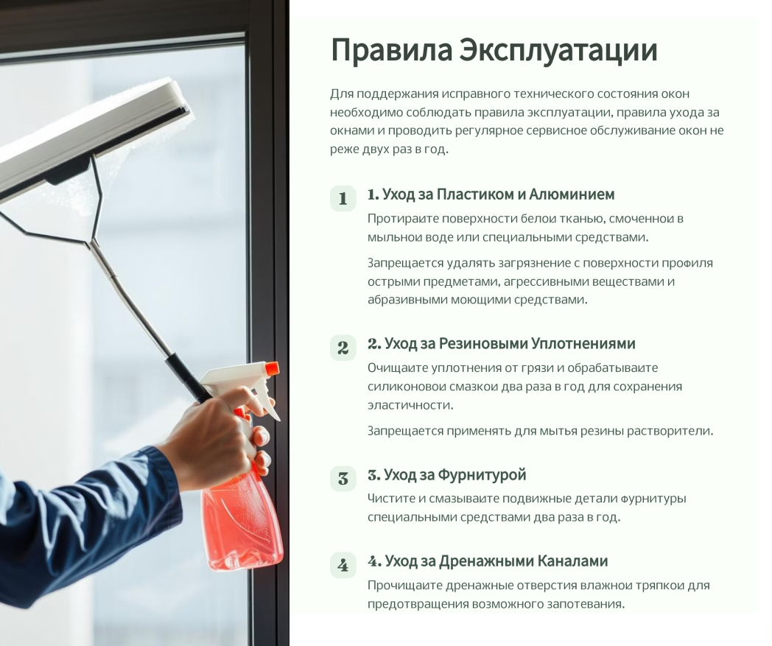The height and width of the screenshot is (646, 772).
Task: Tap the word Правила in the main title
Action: (x=391, y=50)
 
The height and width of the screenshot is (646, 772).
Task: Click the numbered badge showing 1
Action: (x=343, y=198)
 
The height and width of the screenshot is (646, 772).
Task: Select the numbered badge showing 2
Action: (x=343, y=348)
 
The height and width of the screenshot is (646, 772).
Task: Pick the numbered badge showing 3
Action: (x=343, y=479)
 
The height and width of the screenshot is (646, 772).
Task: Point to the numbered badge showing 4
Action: (x=343, y=565)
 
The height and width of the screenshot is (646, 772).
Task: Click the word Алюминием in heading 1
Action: (x=572, y=194)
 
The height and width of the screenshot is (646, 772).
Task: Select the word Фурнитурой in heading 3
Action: (x=482, y=475)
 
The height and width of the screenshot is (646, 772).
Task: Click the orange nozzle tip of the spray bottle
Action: (x=272, y=368)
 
